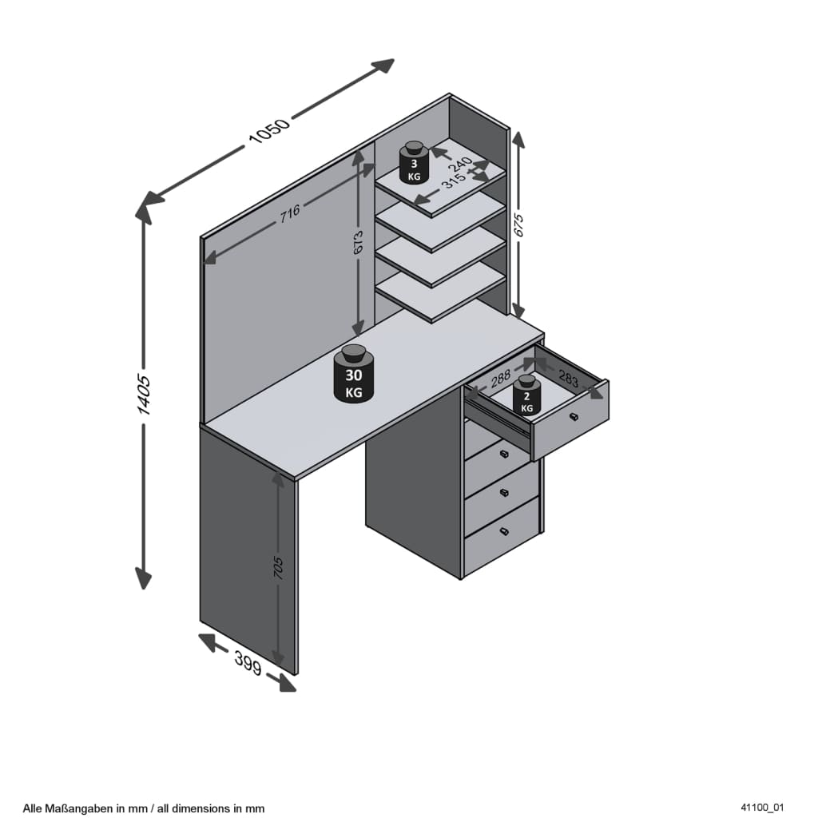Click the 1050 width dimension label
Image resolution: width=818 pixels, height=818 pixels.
click(269, 131)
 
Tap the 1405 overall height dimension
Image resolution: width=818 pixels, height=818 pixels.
click(143, 394)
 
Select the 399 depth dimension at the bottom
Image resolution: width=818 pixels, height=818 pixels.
click(248, 663)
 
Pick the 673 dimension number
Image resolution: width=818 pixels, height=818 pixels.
click(358, 243)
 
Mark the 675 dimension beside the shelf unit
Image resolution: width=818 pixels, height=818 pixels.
click(518, 224)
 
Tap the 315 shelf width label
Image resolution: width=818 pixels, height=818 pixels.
click(454, 181)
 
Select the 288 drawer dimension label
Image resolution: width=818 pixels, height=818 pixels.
click(500, 378)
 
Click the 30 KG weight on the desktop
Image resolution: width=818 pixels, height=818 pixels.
click(354, 374)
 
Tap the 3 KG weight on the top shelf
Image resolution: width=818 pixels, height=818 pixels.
click(414, 162)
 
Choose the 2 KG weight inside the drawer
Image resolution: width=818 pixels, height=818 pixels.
click(526, 395)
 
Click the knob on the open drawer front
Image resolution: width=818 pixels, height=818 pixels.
click(574, 417)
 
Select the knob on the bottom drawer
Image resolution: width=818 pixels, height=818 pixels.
click(503, 531)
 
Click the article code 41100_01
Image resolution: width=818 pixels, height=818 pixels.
click(761, 808)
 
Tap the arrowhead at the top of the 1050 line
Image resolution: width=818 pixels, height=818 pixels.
click(383, 66)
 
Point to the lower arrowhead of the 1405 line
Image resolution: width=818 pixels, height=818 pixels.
click(143, 578)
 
